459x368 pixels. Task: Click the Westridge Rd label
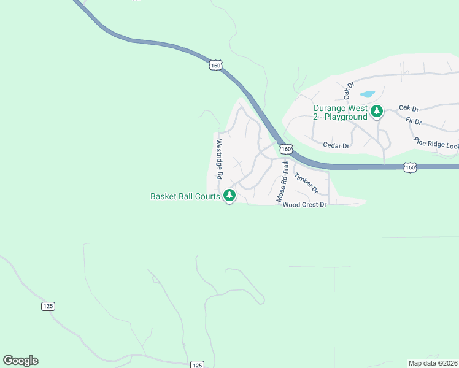218,158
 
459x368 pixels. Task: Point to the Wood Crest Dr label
304,205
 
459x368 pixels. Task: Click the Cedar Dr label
336,146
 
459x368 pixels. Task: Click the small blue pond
367,94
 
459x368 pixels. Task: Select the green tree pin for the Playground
377,112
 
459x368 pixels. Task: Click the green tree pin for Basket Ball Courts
229,196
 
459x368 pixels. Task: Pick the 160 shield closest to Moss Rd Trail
286,149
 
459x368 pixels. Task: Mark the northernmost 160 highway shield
215,64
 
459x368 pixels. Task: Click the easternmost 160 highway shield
411,167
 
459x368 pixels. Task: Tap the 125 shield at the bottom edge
196,365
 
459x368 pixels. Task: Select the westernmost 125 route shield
48,306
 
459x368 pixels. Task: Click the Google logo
20,361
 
